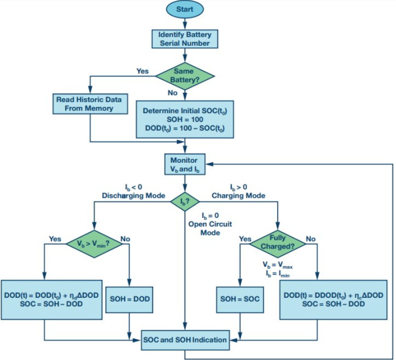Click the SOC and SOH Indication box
184,340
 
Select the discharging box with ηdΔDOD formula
52,299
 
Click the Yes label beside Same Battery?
143,71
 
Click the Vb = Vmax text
277,265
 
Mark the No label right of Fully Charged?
312,239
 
